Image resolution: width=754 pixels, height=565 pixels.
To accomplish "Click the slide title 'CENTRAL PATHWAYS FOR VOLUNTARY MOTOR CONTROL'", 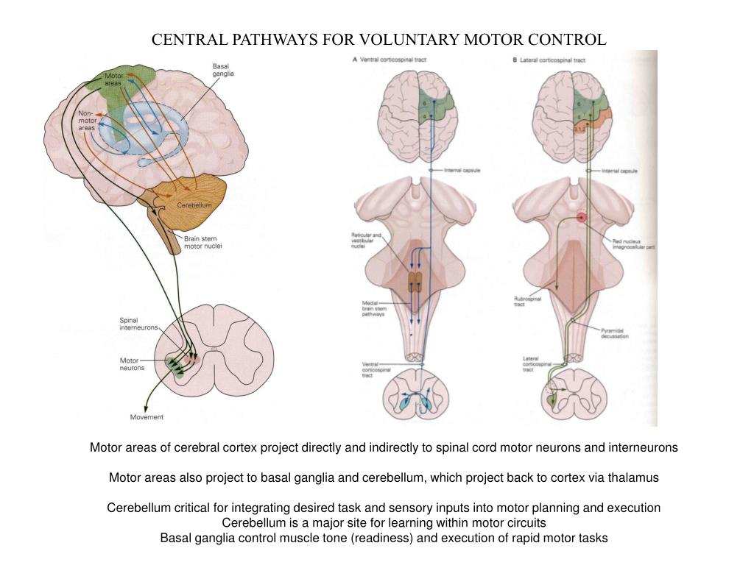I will click(379, 40).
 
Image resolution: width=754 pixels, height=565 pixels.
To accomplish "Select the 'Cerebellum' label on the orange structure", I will click(194, 205).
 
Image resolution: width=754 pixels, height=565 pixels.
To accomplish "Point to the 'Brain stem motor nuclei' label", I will click(202, 242).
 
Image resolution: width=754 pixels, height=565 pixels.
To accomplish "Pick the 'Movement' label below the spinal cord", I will click(147, 417).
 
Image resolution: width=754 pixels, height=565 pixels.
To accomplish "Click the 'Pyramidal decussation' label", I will click(614, 334).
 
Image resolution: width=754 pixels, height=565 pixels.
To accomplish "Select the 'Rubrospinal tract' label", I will click(526, 302).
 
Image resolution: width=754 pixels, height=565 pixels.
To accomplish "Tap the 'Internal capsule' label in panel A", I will click(462, 171).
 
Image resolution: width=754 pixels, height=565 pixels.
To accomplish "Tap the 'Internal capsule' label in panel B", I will click(619, 171).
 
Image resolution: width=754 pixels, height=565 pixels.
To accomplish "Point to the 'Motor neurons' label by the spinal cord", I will click(133, 363).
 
